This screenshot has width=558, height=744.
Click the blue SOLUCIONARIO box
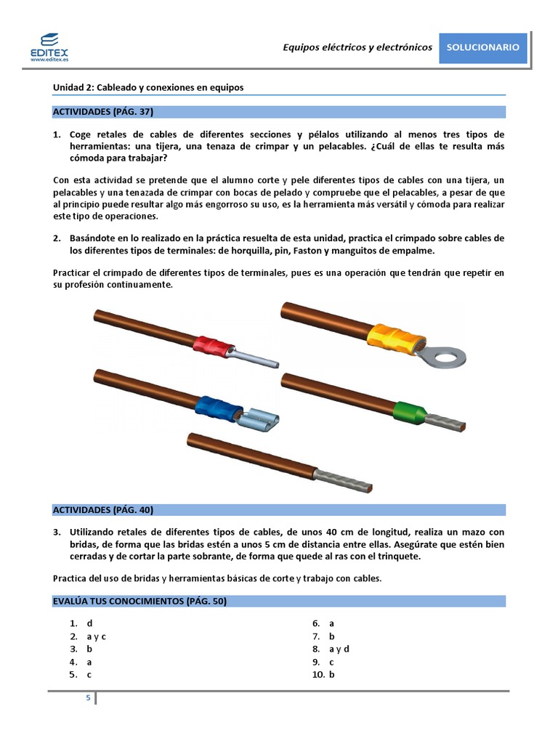(482, 47)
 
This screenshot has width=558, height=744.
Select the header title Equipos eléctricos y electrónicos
(357, 47)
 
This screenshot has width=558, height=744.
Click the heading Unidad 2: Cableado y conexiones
(148, 87)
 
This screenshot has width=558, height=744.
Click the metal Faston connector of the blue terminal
(258, 420)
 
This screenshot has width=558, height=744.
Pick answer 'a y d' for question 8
(339, 649)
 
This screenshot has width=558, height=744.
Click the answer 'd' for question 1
(89, 623)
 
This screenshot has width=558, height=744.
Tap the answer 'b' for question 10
(331, 674)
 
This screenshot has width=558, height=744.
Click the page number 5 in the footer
(88, 698)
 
